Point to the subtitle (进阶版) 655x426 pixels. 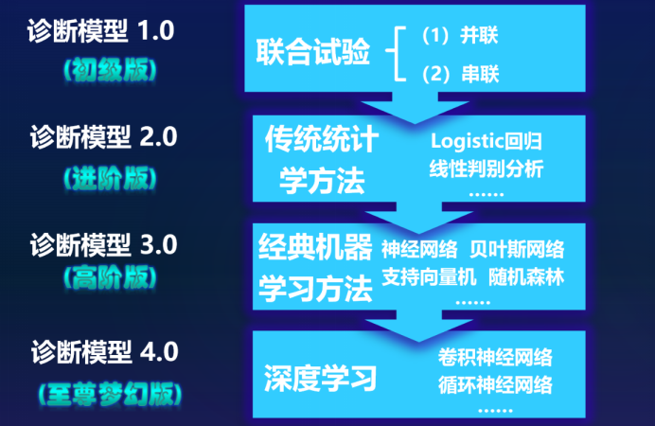[x=108, y=177]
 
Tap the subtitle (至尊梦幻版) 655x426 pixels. [x=110, y=389]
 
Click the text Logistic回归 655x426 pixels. [x=487, y=143]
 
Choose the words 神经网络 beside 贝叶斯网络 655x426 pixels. [x=420, y=250]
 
